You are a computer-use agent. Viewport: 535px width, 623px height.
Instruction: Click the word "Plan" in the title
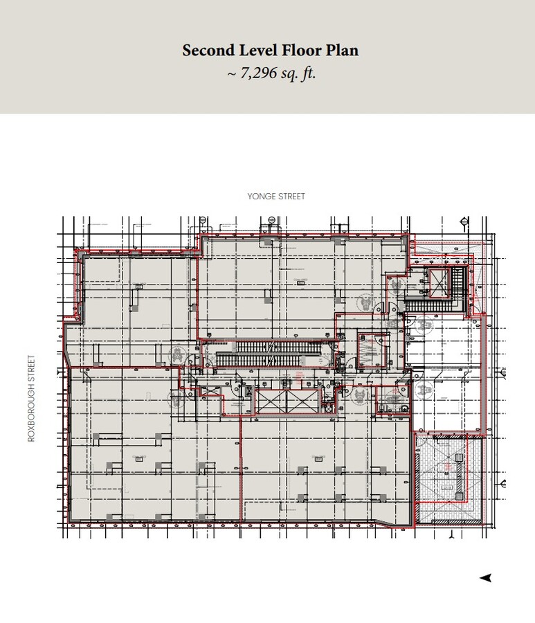[x=342, y=51]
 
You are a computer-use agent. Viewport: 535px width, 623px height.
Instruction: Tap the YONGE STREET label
[x=276, y=197]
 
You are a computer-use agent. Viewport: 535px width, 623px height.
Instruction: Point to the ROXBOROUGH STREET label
[x=31, y=399]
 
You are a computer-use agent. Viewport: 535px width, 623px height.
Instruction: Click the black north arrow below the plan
[x=486, y=577]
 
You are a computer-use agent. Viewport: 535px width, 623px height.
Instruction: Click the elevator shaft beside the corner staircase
[x=439, y=280]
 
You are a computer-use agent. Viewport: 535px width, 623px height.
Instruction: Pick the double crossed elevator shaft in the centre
[x=288, y=402]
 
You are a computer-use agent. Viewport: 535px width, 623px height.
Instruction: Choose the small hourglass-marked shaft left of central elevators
[x=248, y=391]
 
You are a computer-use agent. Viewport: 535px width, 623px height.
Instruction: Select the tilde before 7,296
[x=232, y=73]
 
